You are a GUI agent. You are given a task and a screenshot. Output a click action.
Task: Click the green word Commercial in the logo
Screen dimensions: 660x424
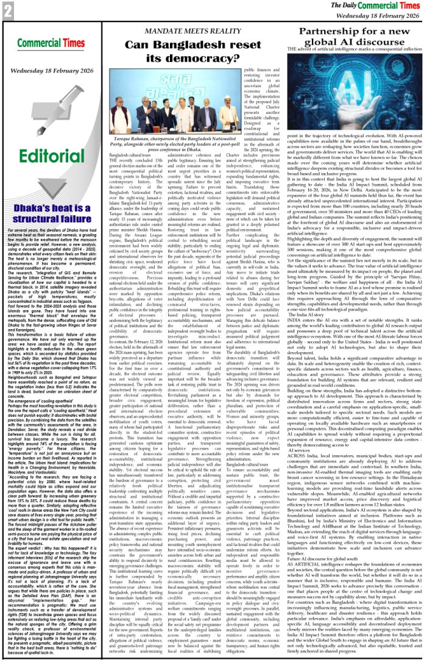pyautogui.click(x=35, y=44)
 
